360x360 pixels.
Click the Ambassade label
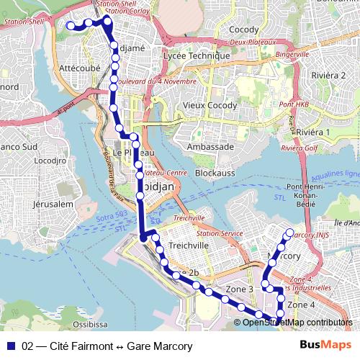[x=210, y=146]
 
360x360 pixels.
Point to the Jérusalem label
[x=53, y=204]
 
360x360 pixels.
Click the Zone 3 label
[x=240, y=289]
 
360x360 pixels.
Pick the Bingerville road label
[x=292, y=54]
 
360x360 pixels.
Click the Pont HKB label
[x=294, y=105]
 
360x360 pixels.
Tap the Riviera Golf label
[x=300, y=148]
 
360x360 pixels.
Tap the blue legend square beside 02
[x=10, y=346]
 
